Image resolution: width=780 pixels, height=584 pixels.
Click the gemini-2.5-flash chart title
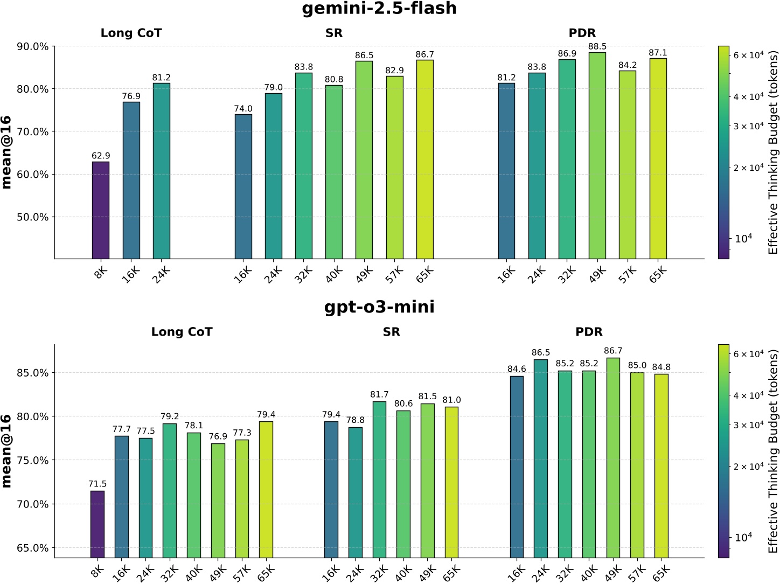point(379,9)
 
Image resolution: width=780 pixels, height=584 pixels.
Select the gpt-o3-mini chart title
point(379,307)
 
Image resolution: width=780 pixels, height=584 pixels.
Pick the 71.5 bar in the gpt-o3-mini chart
point(97,524)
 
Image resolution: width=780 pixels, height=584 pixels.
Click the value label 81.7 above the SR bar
point(379,395)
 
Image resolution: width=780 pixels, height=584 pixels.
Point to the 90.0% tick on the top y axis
point(33,46)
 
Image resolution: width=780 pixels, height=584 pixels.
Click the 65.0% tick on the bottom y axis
point(33,548)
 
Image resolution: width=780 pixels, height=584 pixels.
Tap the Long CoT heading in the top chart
point(131,33)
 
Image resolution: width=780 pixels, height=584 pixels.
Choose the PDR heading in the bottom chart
point(589,332)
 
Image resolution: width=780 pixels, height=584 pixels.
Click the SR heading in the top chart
point(334,33)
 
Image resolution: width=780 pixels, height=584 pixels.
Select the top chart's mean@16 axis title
point(7,152)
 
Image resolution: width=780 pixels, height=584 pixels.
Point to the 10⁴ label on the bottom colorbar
point(743,537)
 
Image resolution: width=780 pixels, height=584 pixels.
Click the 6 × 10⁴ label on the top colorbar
point(749,55)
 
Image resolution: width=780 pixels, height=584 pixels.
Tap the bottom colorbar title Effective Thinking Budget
point(774,451)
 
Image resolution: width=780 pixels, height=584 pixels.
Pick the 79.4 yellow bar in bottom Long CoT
point(266,489)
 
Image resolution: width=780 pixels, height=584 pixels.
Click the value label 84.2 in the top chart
point(628,65)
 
